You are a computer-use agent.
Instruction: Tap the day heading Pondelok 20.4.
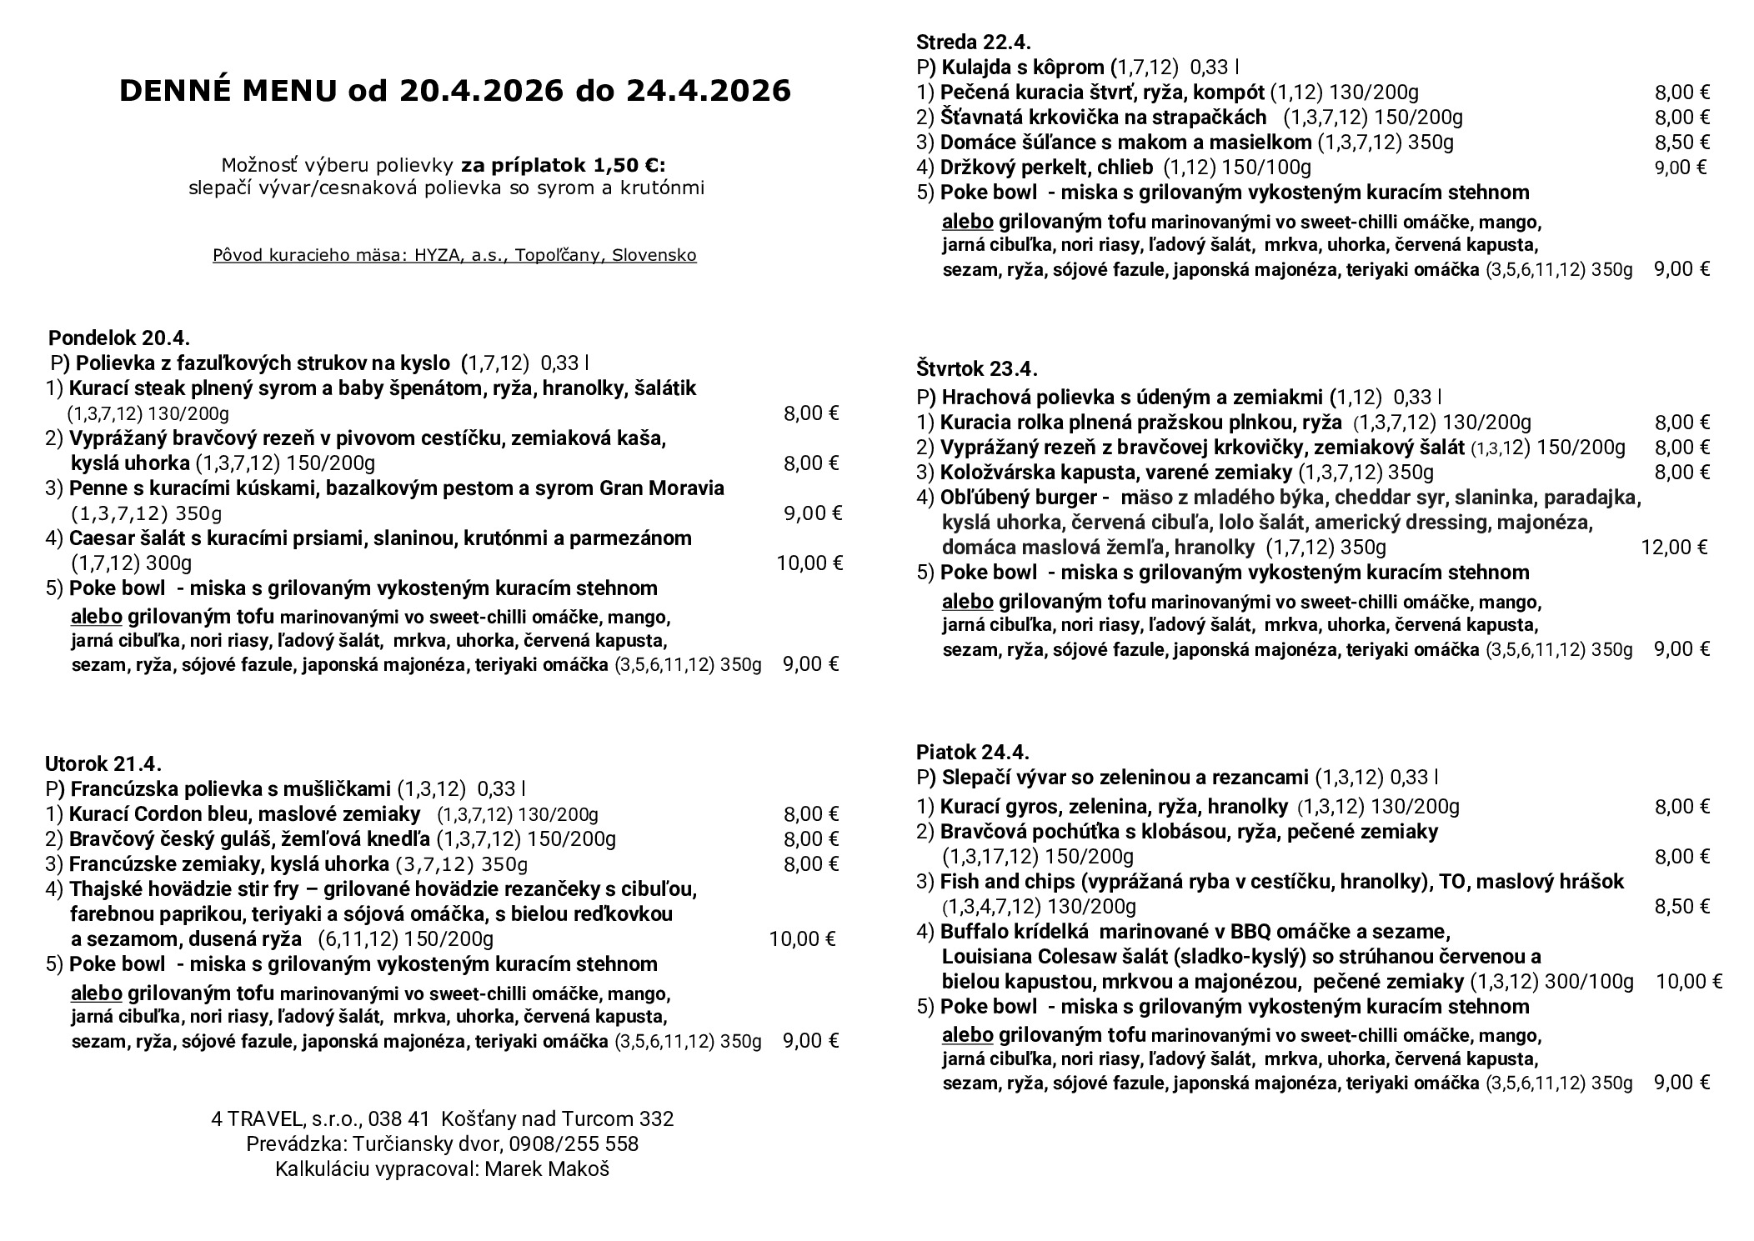pos(119,338)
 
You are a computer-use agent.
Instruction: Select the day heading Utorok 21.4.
pos(103,764)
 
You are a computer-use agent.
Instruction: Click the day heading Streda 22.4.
pos(973,43)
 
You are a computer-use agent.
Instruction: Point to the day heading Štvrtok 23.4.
pos(976,368)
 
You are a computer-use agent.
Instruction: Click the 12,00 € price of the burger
pos(1674,548)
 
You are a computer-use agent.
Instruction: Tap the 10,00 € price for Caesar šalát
pos(809,563)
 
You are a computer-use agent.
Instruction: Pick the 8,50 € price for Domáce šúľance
pos(1682,143)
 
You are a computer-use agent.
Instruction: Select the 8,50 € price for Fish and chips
pos(1682,907)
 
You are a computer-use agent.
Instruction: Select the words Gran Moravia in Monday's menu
pos(662,488)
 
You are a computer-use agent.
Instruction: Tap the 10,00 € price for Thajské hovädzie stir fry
pos(802,940)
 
